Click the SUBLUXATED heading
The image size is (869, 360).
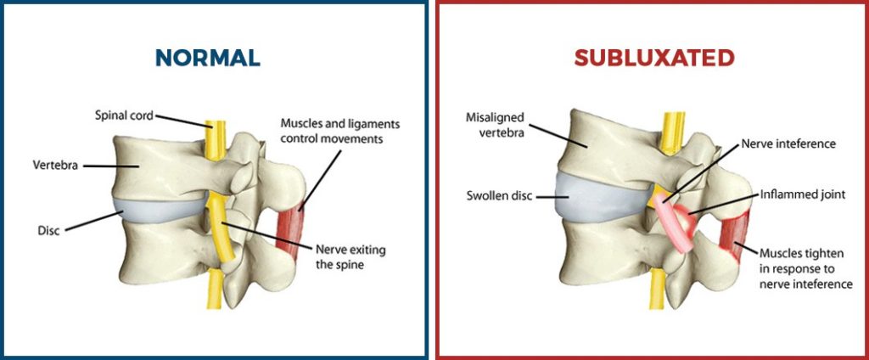(x=653, y=58)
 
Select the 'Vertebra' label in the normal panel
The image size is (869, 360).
(x=56, y=166)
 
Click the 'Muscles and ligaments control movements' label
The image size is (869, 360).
(x=339, y=130)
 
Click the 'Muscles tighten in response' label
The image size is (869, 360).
(x=805, y=268)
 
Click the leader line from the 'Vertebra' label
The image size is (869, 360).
(x=103, y=166)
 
